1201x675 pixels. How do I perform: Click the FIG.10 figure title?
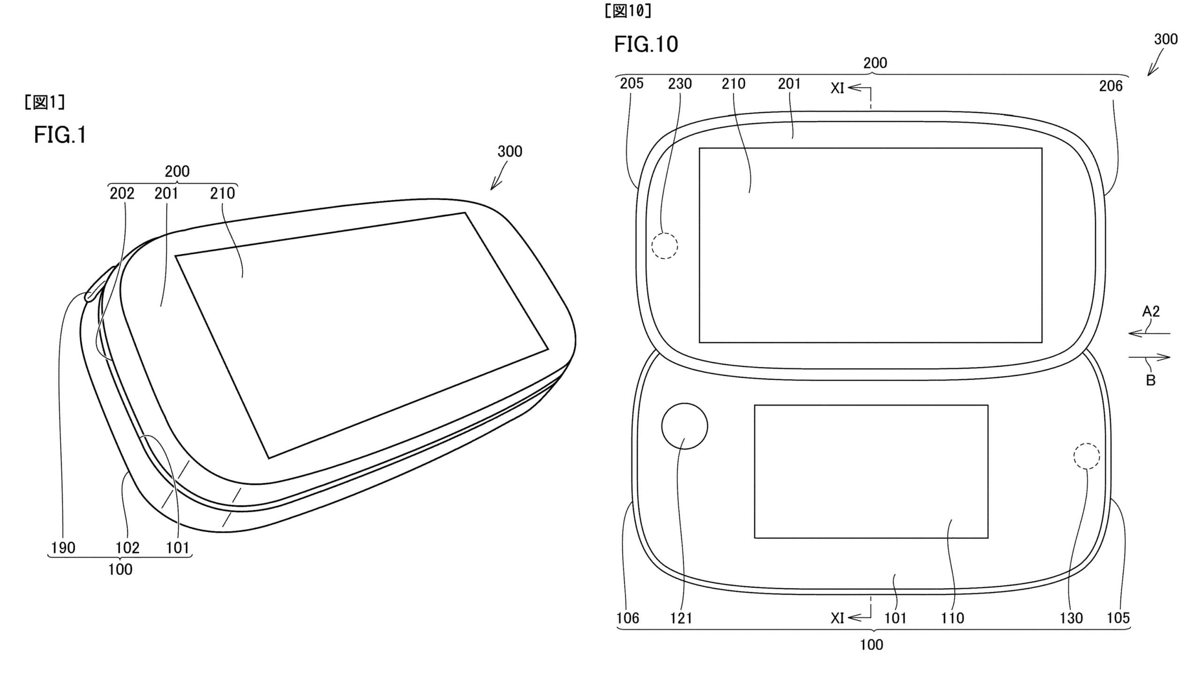(x=646, y=44)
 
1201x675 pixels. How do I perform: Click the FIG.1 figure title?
(x=60, y=135)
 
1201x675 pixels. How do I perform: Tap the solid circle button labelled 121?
(x=684, y=426)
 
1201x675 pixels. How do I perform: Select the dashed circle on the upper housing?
(x=665, y=245)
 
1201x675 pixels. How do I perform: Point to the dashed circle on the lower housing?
(x=1087, y=456)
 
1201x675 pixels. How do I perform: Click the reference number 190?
(x=63, y=547)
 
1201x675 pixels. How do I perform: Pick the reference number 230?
(x=680, y=83)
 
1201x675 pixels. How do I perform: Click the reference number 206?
(x=1111, y=86)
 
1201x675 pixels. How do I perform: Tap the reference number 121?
(x=681, y=618)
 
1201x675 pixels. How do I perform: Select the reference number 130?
(x=1071, y=618)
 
